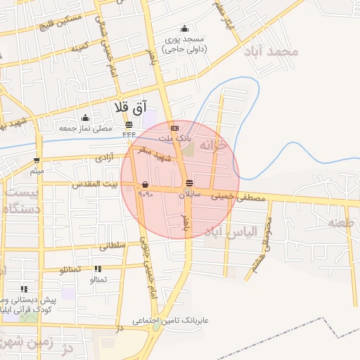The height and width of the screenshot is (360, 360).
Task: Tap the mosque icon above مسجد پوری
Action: click(184, 29)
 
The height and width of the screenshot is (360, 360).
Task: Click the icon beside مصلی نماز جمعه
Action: click(85, 117)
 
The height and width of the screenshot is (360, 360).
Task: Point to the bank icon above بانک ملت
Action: click(174, 128)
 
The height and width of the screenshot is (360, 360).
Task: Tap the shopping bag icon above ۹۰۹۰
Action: click(145, 185)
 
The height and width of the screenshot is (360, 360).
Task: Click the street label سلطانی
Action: click(112, 246)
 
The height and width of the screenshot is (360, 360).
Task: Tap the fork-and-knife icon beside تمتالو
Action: click(97, 269)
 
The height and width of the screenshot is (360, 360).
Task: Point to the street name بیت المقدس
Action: click(95, 184)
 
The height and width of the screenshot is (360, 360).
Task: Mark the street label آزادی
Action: click(103, 159)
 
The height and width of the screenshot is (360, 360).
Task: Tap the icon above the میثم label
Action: click(37, 160)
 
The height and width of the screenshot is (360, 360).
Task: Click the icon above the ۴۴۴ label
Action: click(129, 124)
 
